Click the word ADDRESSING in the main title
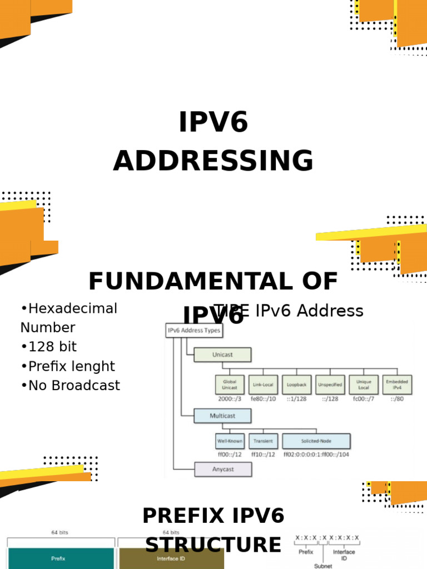(x=213, y=161)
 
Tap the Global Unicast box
(x=230, y=385)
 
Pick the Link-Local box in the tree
(x=263, y=385)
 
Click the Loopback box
(x=296, y=385)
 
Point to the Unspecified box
(x=330, y=385)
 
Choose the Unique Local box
(x=364, y=385)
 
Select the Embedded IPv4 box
(x=397, y=385)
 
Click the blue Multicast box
(x=222, y=416)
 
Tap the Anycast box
(x=222, y=469)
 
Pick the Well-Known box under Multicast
(x=230, y=441)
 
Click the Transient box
(x=263, y=441)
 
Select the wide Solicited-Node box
(x=316, y=441)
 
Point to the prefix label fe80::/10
(x=263, y=399)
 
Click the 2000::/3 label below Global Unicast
(x=229, y=399)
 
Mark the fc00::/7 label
(x=364, y=399)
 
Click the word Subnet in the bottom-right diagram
(x=323, y=566)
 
